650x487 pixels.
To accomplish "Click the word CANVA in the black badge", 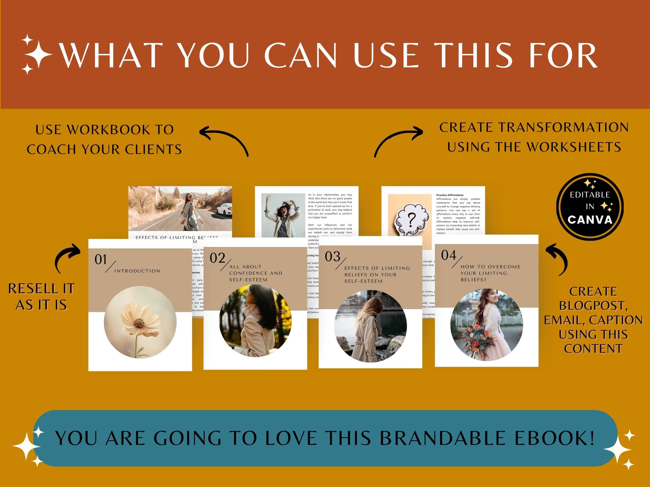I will coord(590,220).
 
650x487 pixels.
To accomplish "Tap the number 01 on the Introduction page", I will coord(100,259).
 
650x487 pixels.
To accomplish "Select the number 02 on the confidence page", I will coord(217,258).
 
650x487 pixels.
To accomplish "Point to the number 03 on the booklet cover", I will coord(332,257).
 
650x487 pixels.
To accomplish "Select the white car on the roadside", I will coord(224,209).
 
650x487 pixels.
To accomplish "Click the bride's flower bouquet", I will coord(476,338).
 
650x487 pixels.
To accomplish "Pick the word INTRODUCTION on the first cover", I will coord(137,271).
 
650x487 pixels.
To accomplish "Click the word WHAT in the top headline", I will coord(111,56).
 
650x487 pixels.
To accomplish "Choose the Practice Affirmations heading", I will coord(450,195).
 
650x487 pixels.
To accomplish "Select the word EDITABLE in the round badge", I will coord(590,195).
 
